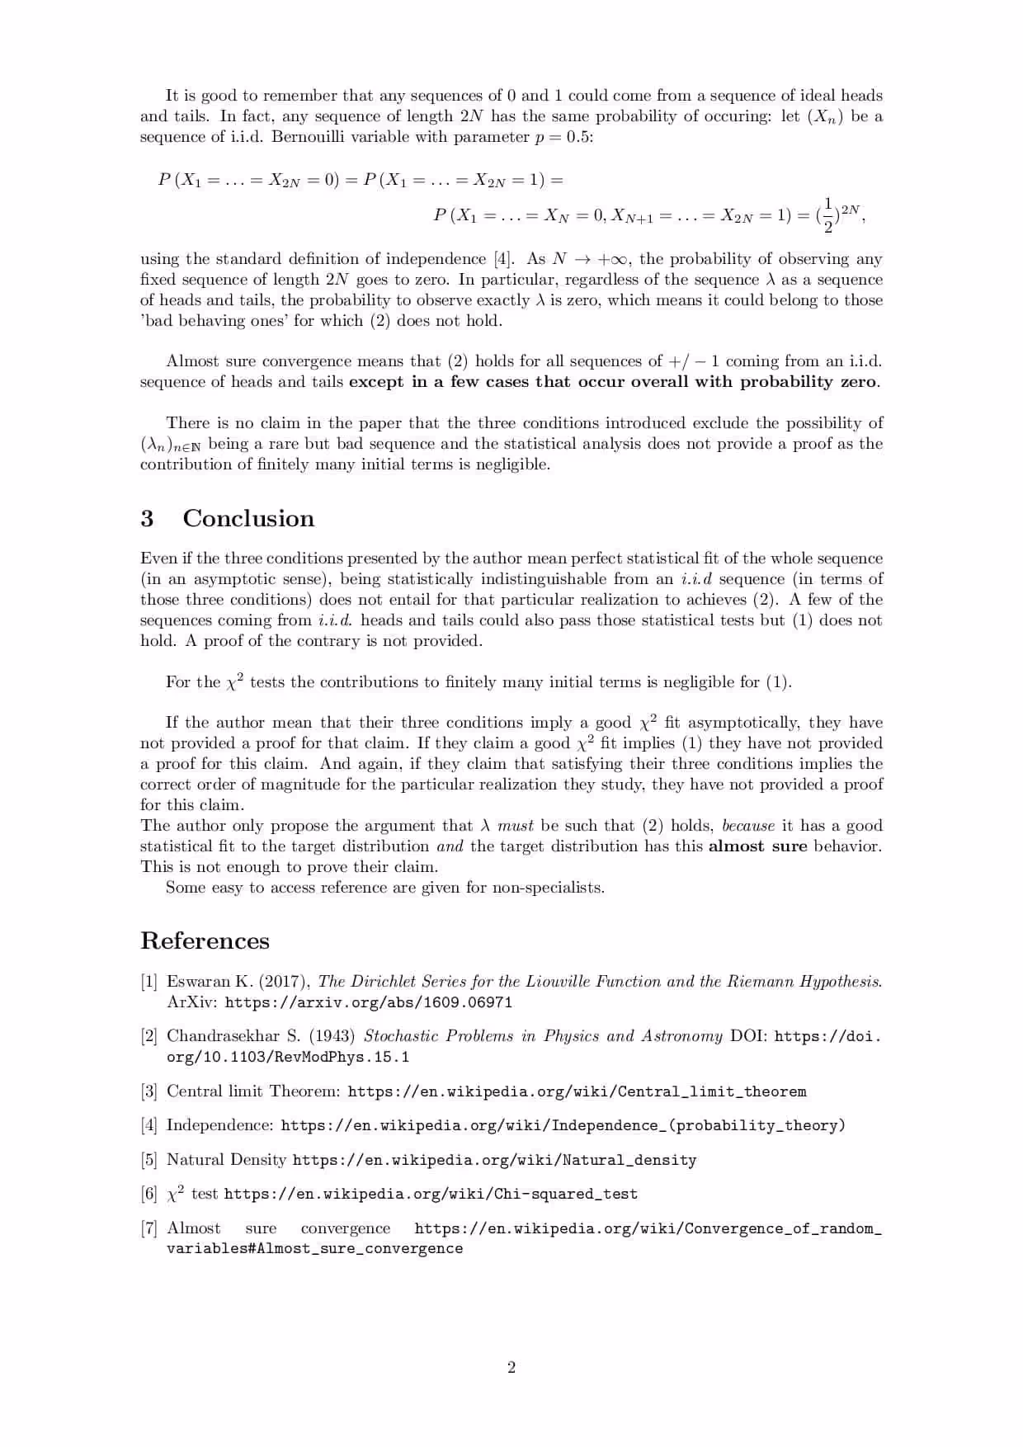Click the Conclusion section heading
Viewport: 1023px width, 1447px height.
(248, 519)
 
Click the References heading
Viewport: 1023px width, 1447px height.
(205, 941)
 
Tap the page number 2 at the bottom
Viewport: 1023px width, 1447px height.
(511, 1368)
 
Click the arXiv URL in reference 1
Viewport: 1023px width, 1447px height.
(368, 1002)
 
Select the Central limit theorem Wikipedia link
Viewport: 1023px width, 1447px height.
(577, 1091)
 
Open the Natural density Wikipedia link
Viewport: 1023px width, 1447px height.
(494, 1160)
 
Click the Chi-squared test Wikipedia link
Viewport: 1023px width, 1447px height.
(431, 1194)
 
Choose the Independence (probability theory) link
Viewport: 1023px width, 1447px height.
(563, 1125)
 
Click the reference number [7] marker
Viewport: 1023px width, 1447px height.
(148, 1228)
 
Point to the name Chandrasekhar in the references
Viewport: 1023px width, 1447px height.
(222, 1036)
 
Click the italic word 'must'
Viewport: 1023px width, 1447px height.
(516, 826)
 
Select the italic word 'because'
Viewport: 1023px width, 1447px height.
(748, 826)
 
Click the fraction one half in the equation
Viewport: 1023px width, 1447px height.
(828, 216)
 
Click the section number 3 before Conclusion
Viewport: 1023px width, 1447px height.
(147, 519)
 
